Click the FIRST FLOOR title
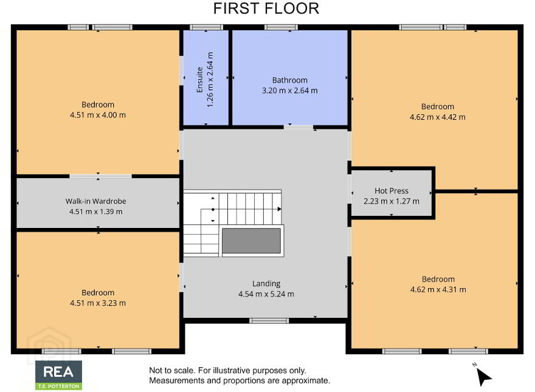(266, 9)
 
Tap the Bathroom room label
(289, 80)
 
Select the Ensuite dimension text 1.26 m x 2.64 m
(210, 80)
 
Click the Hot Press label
(392, 191)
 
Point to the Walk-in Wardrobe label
(96, 201)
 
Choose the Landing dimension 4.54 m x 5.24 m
(266, 294)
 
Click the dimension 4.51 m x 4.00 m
(98, 115)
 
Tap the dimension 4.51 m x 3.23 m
(98, 303)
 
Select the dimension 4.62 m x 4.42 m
(437, 117)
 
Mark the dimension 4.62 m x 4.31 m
(438, 290)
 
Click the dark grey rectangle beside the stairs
(252, 241)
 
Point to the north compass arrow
(483, 377)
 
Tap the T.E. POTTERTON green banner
(59, 386)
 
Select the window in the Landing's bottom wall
(269, 321)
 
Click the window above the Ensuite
(207, 27)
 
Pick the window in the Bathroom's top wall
(281, 27)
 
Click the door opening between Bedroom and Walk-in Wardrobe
(101, 176)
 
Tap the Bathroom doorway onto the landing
(299, 127)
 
